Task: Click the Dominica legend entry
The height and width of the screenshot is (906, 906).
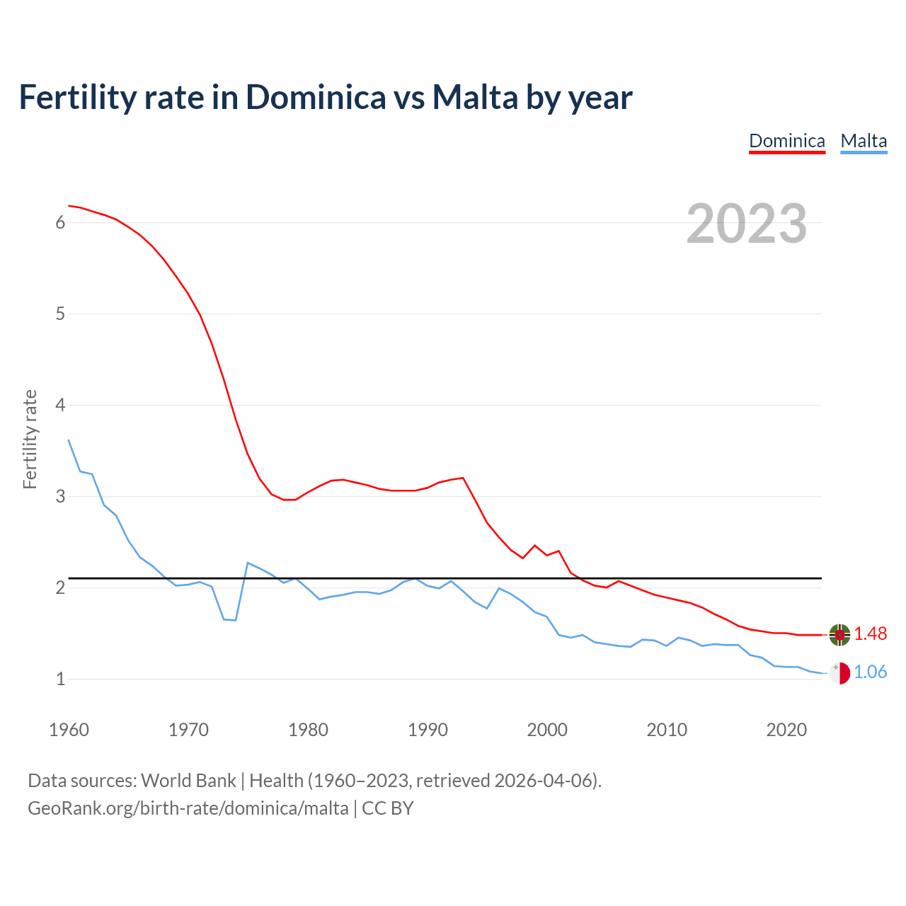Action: point(787,141)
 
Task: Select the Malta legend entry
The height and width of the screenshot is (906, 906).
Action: point(864,141)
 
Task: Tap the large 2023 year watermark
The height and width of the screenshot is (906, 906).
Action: point(747,224)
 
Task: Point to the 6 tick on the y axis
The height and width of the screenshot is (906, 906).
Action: point(60,223)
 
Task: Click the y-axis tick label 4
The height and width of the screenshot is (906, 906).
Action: point(60,406)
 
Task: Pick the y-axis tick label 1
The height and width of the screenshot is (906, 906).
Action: point(60,679)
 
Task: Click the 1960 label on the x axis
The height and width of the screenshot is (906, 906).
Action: point(69,730)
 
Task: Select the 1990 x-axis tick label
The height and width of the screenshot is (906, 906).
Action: point(428,730)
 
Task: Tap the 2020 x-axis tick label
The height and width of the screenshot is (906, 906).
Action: point(786,730)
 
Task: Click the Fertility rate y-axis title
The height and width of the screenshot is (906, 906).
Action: point(30,439)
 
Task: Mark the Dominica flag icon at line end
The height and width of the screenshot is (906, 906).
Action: point(839,635)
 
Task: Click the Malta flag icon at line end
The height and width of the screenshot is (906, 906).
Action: point(839,673)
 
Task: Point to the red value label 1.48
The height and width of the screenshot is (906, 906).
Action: point(870,634)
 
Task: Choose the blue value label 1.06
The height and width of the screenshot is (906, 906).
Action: point(870,672)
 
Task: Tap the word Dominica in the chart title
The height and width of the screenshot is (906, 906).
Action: point(316,98)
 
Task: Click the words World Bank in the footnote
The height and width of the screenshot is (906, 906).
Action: point(188,781)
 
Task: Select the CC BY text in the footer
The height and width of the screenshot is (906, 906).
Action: point(388,808)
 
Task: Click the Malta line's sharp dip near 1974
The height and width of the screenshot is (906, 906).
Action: point(235,621)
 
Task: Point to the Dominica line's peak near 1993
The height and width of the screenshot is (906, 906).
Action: point(463,478)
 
